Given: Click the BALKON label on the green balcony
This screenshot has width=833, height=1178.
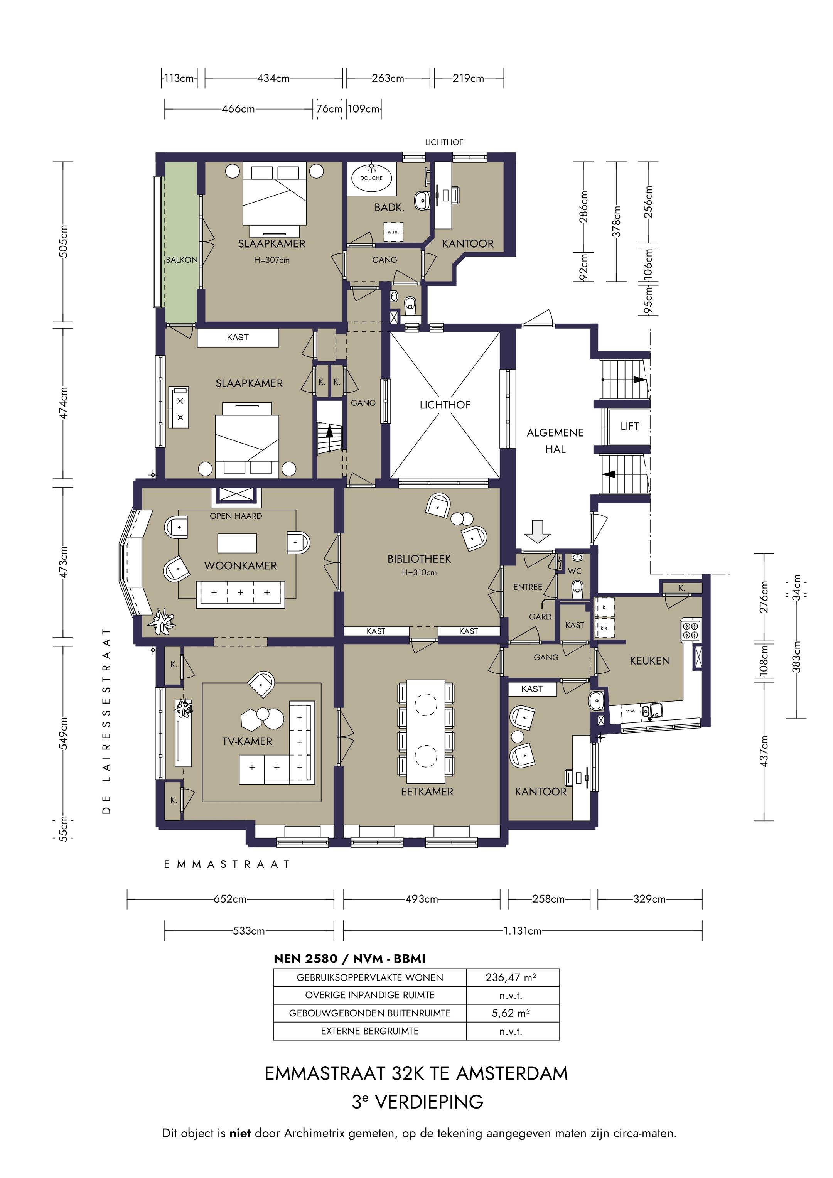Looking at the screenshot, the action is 182,260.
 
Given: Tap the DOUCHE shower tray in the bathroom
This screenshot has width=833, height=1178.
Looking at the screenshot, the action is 371,179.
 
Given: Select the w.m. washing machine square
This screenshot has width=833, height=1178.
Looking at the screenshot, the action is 393,232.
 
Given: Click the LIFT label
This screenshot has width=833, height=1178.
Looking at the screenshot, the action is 629,426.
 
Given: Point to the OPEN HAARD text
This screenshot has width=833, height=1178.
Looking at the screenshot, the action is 236,516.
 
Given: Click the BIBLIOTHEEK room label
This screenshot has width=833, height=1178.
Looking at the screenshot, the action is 419,559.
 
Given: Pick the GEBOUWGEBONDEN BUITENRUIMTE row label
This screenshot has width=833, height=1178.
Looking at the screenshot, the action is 370,1013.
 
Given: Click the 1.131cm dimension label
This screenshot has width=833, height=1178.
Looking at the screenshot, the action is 522,931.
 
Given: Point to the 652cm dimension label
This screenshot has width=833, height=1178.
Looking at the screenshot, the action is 230,899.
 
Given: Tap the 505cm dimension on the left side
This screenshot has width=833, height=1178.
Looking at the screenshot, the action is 63,241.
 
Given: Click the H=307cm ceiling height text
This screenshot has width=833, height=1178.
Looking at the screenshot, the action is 272,260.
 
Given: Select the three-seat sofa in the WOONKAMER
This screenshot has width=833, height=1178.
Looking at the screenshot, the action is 241,594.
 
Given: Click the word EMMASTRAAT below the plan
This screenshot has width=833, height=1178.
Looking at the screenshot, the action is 227,864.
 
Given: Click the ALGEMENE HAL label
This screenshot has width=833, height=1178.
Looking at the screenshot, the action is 555,441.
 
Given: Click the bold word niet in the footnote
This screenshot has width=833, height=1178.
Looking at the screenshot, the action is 240,1133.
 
